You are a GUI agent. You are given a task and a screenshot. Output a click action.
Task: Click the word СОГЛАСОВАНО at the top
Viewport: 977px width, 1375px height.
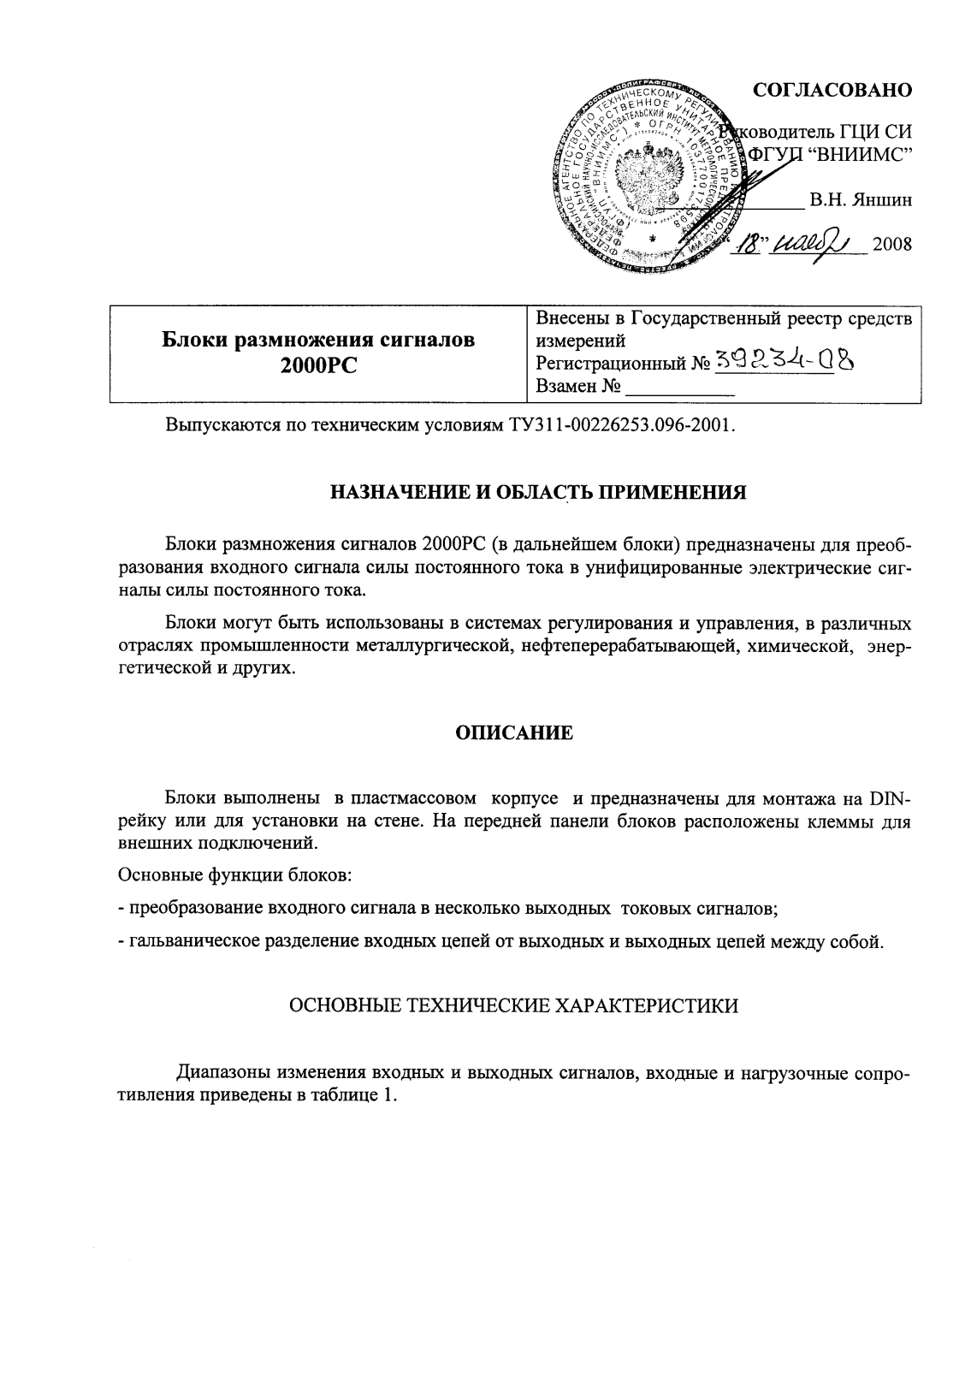click(832, 90)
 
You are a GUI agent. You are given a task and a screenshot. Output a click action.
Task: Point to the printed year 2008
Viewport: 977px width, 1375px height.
click(893, 246)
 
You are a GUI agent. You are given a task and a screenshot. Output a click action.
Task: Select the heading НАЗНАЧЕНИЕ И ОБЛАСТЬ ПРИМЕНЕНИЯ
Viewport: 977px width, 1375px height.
click(539, 493)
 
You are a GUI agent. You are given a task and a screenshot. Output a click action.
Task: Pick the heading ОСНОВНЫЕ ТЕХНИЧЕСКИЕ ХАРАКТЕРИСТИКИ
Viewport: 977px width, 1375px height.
click(514, 1006)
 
